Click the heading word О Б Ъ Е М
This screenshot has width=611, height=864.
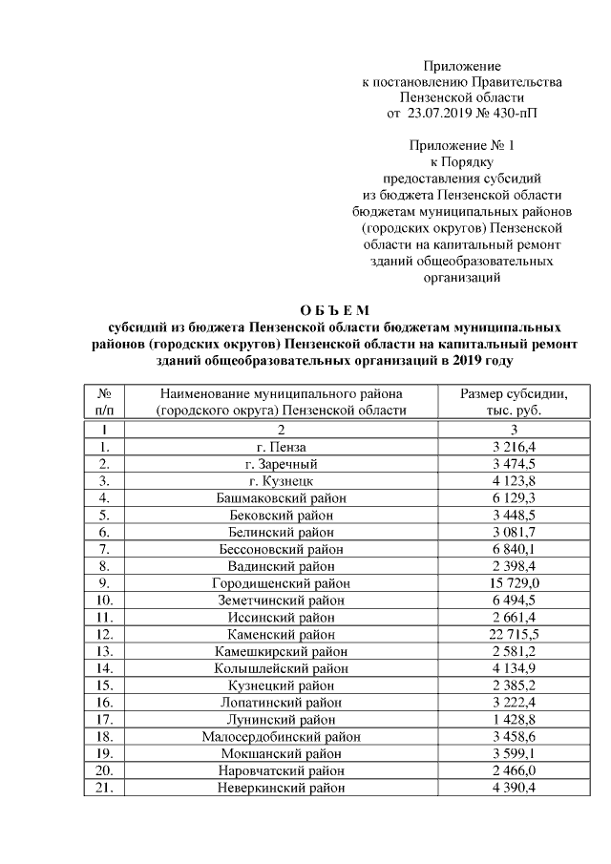point(333,310)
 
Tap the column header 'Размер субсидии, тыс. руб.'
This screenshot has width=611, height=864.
point(514,402)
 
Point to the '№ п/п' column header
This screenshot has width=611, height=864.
point(105,402)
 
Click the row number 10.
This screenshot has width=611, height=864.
point(105,600)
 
